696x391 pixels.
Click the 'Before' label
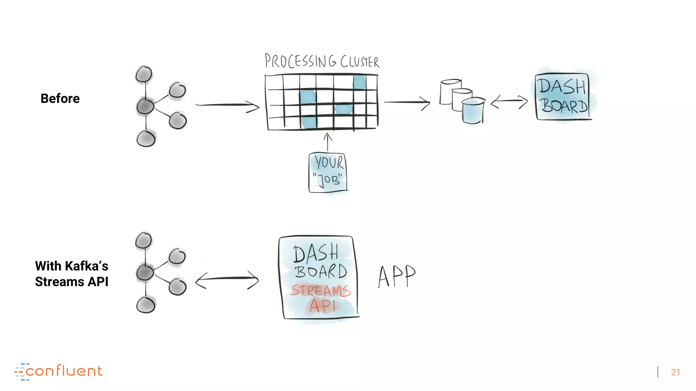(x=60, y=98)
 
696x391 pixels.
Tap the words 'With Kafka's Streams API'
(x=72, y=274)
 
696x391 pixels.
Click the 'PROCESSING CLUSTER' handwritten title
(x=321, y=61)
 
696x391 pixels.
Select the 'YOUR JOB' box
(x=328, y=173)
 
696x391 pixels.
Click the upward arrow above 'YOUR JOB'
(x=328, y=142)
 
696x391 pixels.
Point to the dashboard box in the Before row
(x=563, y=97)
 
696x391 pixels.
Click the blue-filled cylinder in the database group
(x=473, y=111)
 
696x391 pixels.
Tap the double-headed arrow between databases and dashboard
(x=509, y=101)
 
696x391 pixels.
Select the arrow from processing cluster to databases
(x=407, y=102)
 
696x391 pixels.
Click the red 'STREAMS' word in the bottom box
(x=320, y=291)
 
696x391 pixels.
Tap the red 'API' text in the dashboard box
(x=322, y=306)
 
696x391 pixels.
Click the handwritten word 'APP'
(x=397, y=276)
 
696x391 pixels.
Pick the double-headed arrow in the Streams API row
(x=227, y=279)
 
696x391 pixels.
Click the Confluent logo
(x=58, y=371)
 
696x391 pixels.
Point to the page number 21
(x=675, y=372)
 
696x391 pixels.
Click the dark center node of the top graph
(x=145, y=107)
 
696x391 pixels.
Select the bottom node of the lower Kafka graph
(x=146, y=305)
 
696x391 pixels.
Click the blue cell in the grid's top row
(x=360, y=82)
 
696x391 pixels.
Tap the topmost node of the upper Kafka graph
(x=144, y=74)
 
